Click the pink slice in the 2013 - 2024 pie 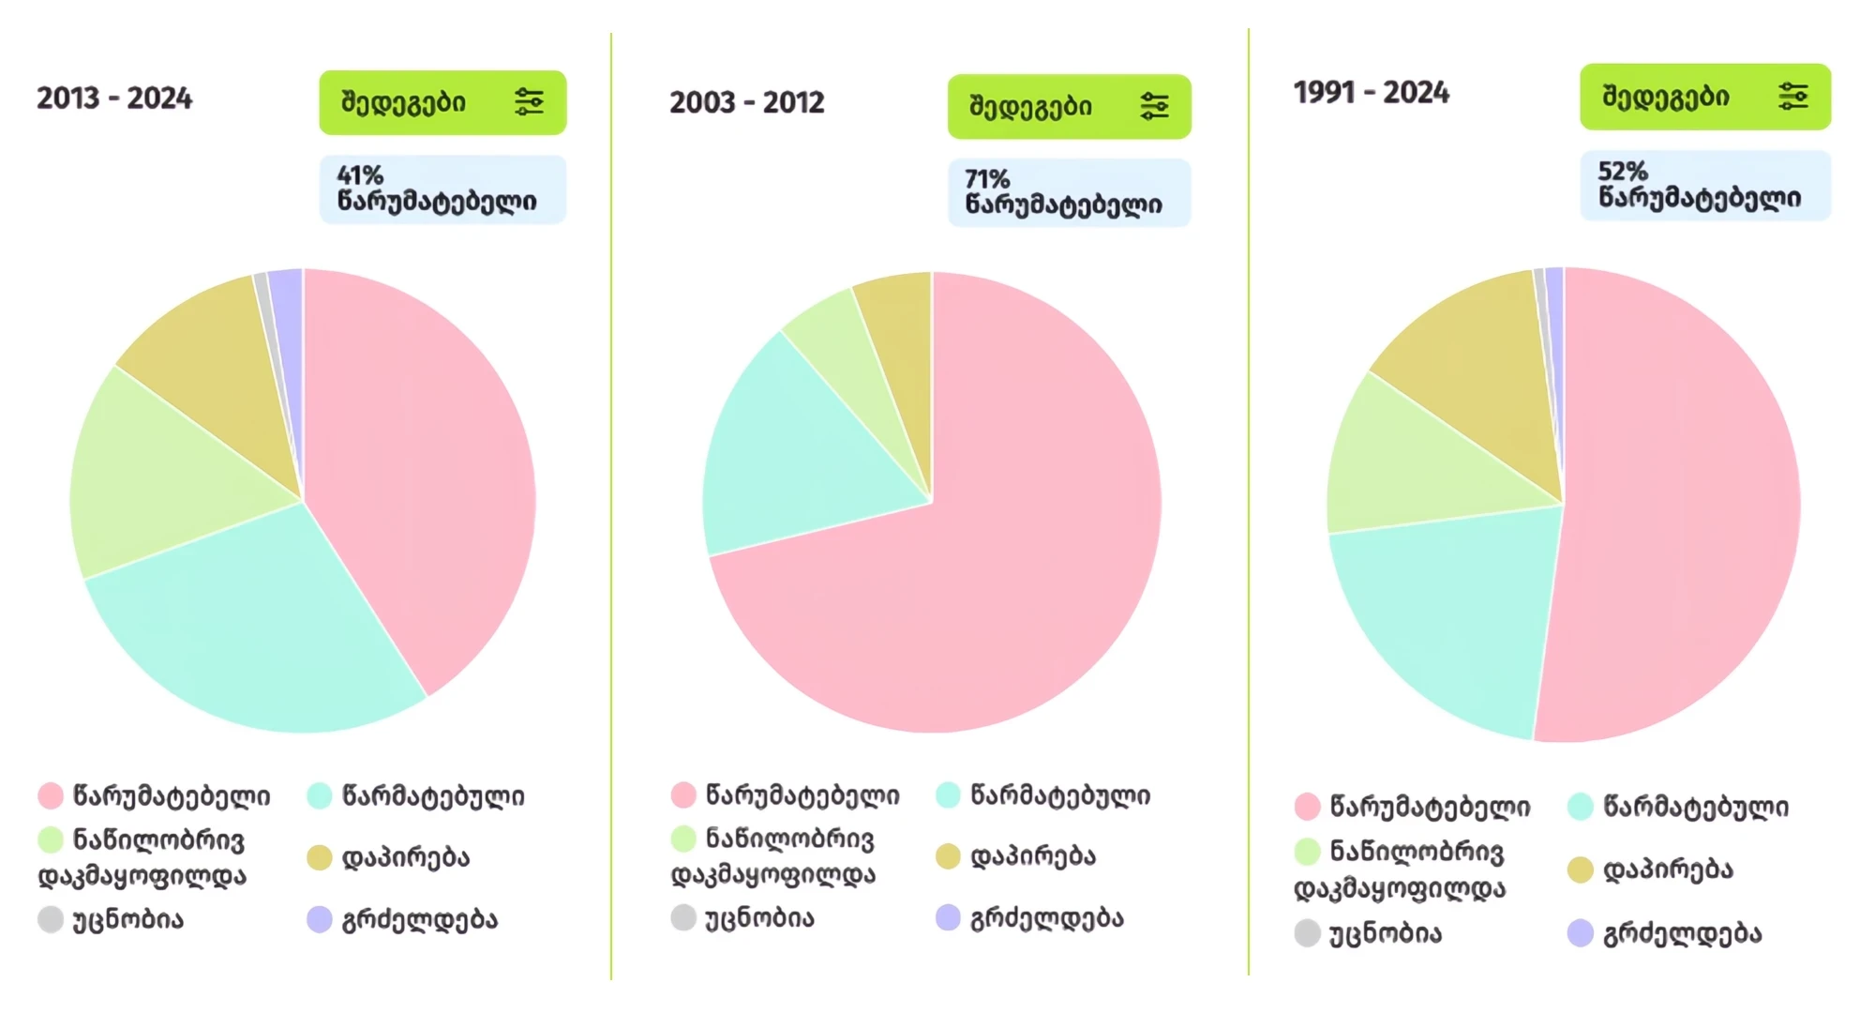pyautogui.click(x=422, y=469)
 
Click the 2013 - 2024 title pyautogui.click(x=114, y=98)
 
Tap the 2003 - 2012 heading pyautogui.click(x=747, y=102)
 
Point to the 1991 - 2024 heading pyautogui.click(x=1372, y=93)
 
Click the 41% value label pyautogui.click(x=361, y=175)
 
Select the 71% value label pyautogui.click(x=987, y=179)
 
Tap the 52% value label pyautogui.click(x=1623, y=172)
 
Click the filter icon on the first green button pyautogui.click(x=530, y=101)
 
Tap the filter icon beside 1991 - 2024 pyautogui.click(x=1792, y=97)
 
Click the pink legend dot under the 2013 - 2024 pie pyautogui.click(x=51, y=796)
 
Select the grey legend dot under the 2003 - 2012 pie pyautogui.click(x=683, y=917)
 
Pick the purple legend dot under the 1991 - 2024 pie pyautogui.click(x=1581, y=933)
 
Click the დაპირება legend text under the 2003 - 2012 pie pyautogui.click(x=1032, y=856)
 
